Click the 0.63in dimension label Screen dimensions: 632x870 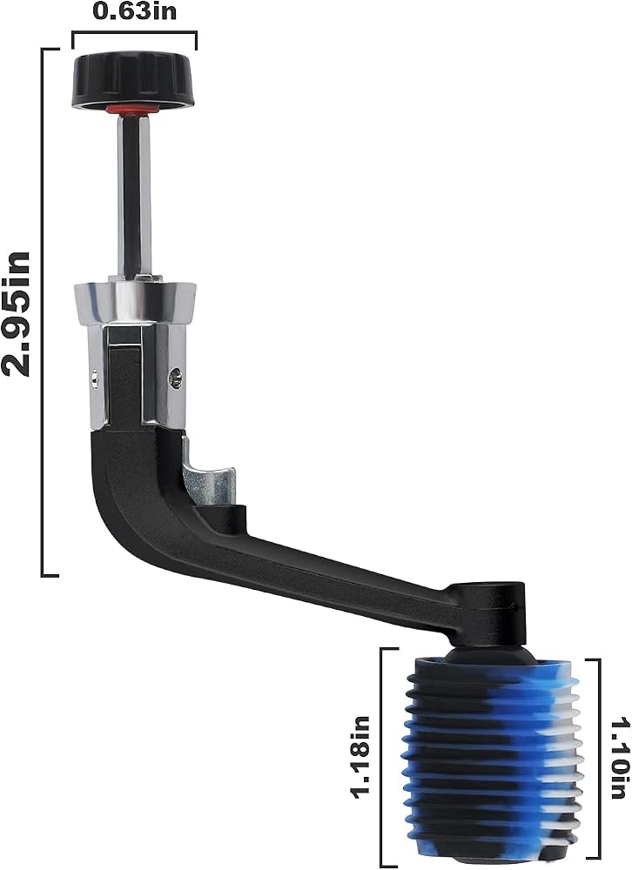134,11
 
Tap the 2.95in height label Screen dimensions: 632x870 16,314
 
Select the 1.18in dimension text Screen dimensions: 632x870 360,757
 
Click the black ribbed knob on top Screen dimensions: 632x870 134,80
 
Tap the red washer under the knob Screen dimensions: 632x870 132,110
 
